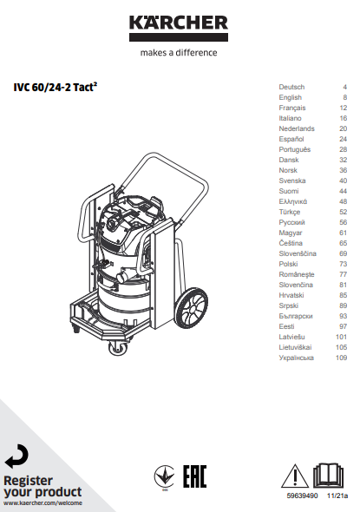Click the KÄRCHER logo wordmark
[179, 23]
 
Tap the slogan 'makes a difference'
[179, 53]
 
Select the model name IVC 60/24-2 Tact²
[56, 87]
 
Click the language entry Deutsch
[291, 87]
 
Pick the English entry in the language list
[290, 98]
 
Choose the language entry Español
[291, 139]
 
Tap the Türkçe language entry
[289, 213]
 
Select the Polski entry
[288, 264]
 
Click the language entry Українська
[296, 358]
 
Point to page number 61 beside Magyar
[343, 233]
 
